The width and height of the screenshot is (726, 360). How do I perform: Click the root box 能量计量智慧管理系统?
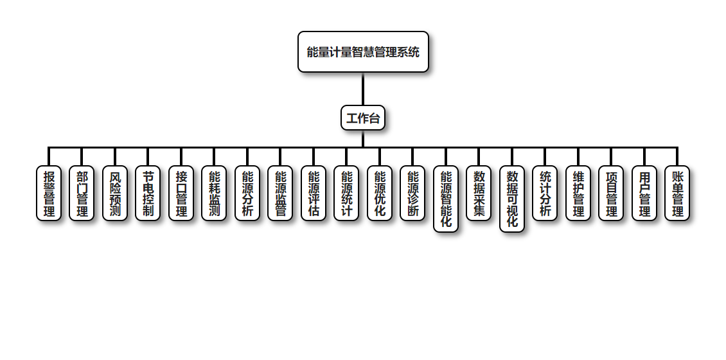pos(363,52)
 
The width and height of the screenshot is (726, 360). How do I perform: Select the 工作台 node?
pos(363,118)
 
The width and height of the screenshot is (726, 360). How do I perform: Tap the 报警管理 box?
pos(49,194)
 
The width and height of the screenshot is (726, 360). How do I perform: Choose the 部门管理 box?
pos(82,194)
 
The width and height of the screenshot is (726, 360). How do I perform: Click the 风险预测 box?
pos(115,194)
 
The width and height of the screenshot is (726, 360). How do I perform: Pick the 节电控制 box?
pos(148,194)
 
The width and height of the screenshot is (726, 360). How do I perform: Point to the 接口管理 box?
pos(181,194)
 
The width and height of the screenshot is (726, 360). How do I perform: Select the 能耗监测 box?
pos(214,194)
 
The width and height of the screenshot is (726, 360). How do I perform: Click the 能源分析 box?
pos(247,194)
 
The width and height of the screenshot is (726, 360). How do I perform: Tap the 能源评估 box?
pos(314,194)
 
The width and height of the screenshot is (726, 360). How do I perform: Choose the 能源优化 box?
pos(380,194)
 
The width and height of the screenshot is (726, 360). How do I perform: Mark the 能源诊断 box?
pos(412,194)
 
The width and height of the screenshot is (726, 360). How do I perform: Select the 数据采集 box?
pos(479,194)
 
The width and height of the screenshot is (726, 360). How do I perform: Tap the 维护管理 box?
pos(578,194)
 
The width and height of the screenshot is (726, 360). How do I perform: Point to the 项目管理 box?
pos(611,194)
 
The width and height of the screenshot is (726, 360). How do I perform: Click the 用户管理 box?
pos(644,194)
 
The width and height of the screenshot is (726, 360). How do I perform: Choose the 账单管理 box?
pos(677,194)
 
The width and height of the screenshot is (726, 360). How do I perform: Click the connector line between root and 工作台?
pos(363,89)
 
